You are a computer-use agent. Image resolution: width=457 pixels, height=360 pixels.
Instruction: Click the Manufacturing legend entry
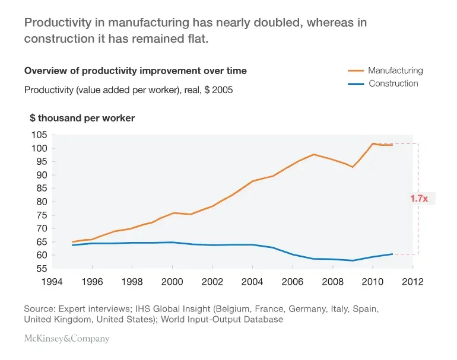click(395, 70)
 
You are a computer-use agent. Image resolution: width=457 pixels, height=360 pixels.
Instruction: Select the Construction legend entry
click(393, 84)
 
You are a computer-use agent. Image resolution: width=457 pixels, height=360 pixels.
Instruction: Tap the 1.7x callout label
click(419, 199)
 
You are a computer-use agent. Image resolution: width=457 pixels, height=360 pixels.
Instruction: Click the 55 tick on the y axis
click(40, 269)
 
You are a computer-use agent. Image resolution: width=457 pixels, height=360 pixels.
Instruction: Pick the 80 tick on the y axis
click(40, 202)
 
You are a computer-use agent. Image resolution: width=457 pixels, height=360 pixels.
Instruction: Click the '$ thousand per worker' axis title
click(82, 118)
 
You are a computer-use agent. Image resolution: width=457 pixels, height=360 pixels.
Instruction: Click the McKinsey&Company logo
click(66, 339)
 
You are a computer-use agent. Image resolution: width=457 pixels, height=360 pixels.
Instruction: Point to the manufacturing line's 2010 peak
click(373, 144)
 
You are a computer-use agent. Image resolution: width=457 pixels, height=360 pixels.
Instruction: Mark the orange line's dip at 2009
click(353, 167)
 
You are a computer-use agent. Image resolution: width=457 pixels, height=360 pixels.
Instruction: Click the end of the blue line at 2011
click(392, 254)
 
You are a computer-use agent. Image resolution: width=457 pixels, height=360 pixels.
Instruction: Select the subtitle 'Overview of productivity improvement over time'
click(135, 71)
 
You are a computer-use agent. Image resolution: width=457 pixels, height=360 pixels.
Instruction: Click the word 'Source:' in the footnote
click(39, 309)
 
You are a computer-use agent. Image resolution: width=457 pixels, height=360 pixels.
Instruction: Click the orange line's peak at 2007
click(313, 154)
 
